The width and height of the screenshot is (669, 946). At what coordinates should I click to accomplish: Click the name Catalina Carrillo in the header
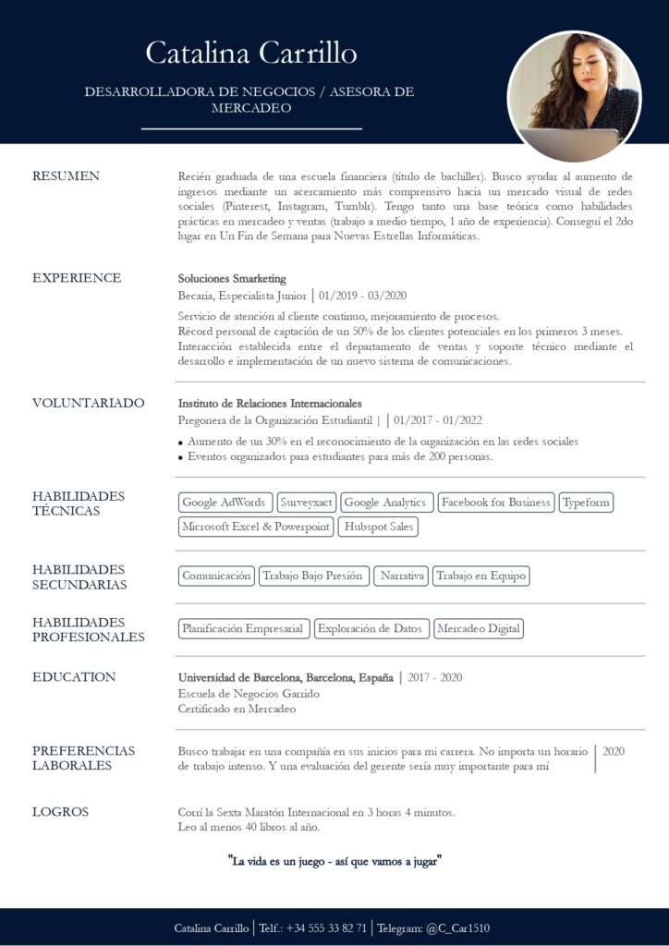251,53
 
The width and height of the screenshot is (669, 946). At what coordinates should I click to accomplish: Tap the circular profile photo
574,97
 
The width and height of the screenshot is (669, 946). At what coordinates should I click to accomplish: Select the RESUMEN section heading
66,176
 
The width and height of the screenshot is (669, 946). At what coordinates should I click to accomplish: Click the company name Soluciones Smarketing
232,278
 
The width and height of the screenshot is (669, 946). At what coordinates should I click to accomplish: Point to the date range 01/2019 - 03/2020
363,296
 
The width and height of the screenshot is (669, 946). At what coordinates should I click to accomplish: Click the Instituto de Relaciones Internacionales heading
270,404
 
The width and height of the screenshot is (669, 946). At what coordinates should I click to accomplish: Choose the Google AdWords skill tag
225,503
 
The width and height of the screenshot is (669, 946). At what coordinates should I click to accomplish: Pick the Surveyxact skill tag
307,503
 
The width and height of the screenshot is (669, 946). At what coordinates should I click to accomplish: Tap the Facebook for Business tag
495,503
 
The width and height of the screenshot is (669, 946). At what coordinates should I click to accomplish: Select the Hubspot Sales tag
377,527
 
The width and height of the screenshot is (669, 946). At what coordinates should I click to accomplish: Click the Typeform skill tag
586,503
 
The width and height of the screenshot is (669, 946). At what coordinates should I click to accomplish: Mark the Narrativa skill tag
402,576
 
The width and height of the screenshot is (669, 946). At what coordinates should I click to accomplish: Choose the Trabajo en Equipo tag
480,576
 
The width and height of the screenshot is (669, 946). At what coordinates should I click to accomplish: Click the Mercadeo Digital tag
479,629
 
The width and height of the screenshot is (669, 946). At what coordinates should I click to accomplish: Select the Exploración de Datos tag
371,629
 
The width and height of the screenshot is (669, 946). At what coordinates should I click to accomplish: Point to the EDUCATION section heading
74,677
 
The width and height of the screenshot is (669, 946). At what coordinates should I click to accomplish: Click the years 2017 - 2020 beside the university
434,677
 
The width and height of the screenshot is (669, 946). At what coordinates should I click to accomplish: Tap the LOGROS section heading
61,812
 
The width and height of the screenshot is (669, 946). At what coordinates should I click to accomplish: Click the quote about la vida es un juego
334,861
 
